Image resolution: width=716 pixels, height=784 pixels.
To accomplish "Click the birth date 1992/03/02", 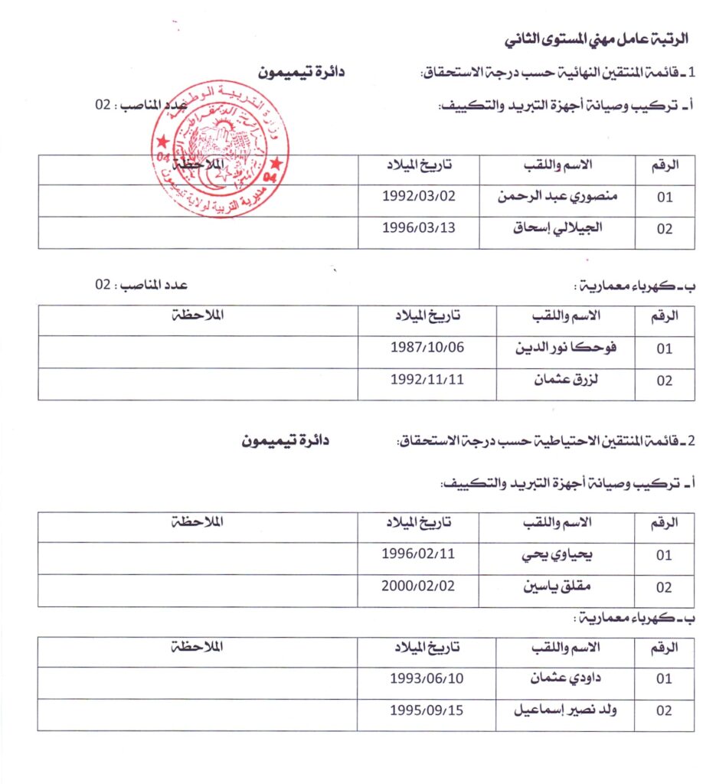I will point(418,195).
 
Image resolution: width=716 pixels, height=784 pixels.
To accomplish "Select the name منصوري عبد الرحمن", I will point(557,195).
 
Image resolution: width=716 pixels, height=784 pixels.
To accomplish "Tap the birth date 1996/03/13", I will point(418,227).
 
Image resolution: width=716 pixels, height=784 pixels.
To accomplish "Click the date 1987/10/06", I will point(427,347).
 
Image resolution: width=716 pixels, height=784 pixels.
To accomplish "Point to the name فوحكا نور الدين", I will point(567,347).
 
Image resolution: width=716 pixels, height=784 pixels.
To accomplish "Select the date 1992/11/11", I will point(427,379).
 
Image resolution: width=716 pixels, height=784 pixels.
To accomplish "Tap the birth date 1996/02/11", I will point(418,554).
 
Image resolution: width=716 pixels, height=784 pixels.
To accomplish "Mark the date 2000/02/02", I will point(418,586).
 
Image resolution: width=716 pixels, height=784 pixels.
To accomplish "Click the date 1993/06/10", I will point(426,678).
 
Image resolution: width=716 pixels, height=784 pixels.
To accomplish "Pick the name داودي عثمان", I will point(567,678).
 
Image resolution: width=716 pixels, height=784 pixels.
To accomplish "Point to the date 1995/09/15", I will point(426,709).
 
